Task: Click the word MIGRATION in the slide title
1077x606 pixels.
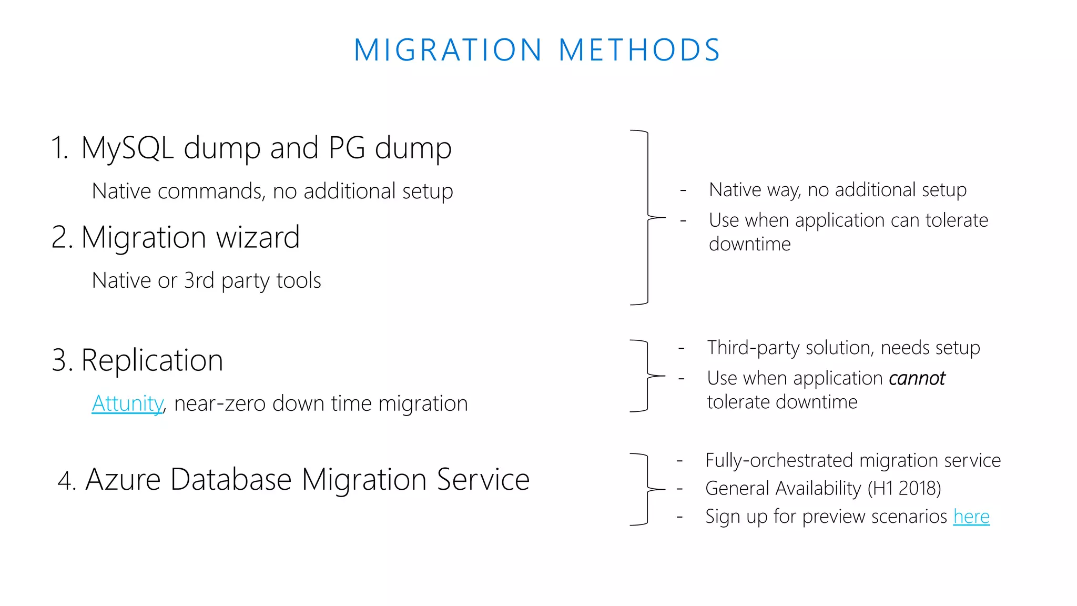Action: click(x=448, y=50)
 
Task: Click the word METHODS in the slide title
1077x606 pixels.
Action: click(x=639, y=50)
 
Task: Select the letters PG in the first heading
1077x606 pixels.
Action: click(x=347, y=148)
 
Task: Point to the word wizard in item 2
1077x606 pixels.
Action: click(x=258, y=237)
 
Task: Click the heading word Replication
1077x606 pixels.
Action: click(x=152, y=360)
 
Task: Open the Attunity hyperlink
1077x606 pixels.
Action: click(x=127, y=403)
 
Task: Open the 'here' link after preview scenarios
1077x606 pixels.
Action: click(x=971, y=517)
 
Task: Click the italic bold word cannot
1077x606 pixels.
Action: click(x=917, y=378)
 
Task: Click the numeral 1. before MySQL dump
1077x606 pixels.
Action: click(x=60, y=148)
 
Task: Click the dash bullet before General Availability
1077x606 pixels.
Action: click(x=679, y=489)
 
